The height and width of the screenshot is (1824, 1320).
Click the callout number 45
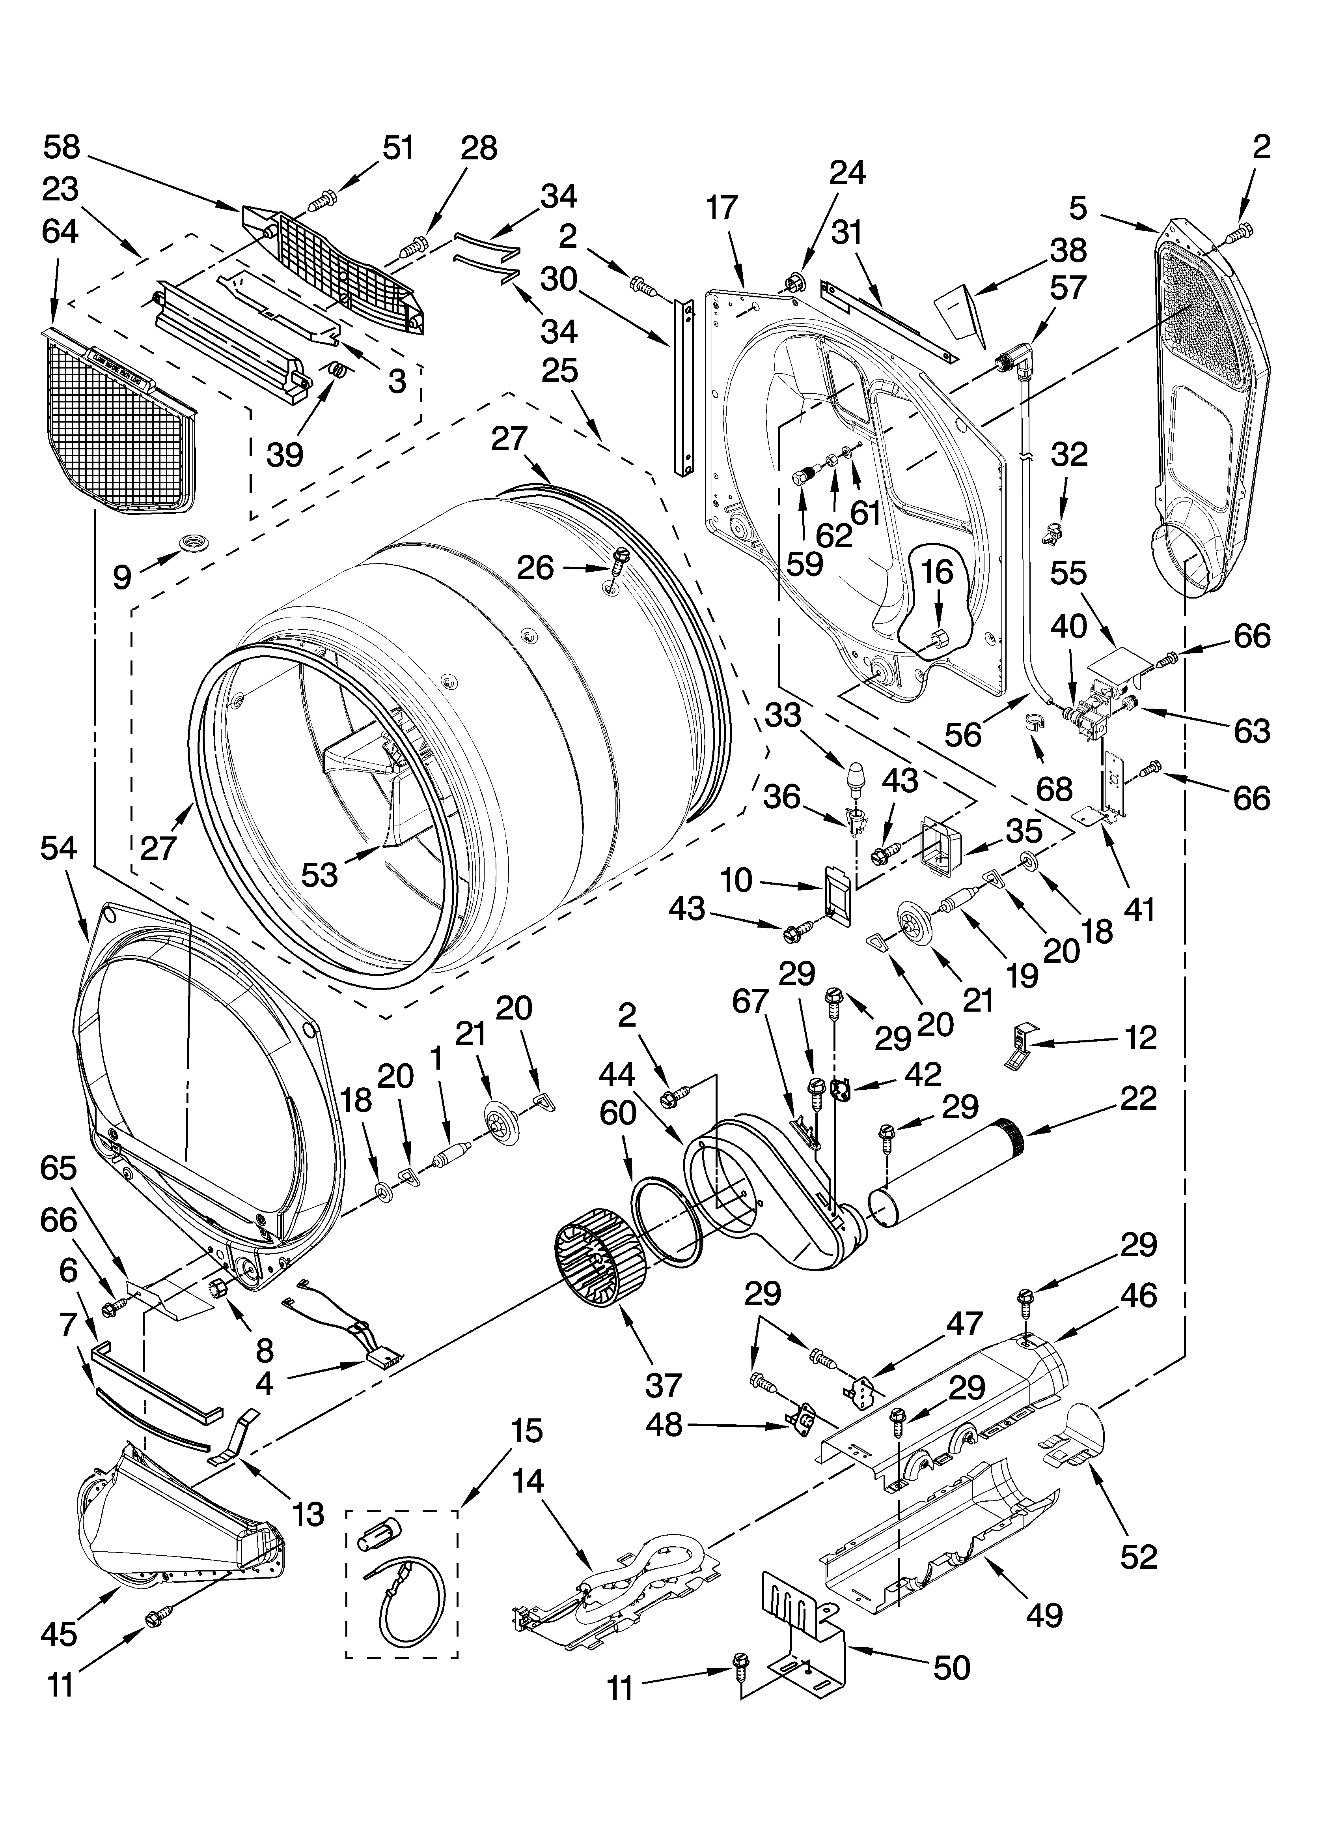(x=121, y=577)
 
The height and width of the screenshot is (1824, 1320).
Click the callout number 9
(x=121, y=577)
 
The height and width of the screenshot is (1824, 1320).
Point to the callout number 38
(x=1068, y=250)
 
